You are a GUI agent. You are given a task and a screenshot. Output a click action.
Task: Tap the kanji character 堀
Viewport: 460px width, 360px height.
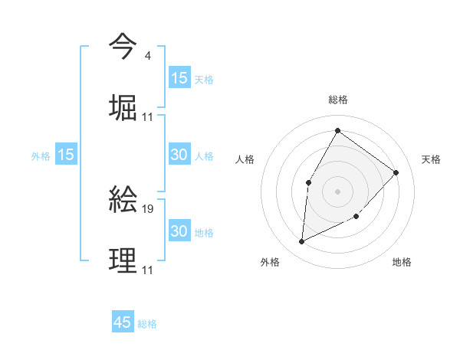123,106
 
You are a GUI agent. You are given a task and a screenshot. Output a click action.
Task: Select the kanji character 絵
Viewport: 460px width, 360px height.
123,199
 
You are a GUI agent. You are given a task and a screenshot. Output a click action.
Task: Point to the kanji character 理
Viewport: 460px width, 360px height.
123,260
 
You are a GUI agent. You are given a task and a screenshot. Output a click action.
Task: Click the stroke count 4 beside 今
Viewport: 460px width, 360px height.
147,56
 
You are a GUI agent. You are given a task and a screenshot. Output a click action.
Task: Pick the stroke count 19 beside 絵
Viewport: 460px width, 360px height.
149,208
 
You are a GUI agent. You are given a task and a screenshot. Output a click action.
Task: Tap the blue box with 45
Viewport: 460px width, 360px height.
123,322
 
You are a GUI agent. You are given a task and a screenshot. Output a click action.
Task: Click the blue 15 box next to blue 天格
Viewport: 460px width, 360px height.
179,78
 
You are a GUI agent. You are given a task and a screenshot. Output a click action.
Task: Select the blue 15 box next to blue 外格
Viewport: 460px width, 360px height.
66,155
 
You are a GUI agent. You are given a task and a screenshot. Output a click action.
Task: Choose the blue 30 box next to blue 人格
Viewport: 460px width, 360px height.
179,155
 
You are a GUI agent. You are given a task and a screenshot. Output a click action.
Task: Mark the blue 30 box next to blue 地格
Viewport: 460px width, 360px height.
179,231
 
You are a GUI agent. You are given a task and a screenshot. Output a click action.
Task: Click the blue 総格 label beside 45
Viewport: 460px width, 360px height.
148,324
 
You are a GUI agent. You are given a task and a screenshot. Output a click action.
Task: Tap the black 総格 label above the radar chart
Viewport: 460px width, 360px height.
338,100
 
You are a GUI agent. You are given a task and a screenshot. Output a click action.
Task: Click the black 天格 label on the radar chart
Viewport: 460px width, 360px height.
431,159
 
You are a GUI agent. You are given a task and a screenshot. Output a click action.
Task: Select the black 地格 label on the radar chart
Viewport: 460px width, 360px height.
402,262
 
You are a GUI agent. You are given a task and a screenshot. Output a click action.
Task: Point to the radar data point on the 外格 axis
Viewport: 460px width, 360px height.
302,242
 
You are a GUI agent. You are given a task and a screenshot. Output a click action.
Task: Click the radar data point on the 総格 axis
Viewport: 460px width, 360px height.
337,130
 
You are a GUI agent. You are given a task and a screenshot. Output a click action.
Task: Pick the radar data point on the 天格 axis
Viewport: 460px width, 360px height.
396,172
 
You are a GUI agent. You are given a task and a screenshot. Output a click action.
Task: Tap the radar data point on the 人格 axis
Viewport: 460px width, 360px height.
308,182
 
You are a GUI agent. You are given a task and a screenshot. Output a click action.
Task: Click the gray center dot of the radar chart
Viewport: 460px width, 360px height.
337,191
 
